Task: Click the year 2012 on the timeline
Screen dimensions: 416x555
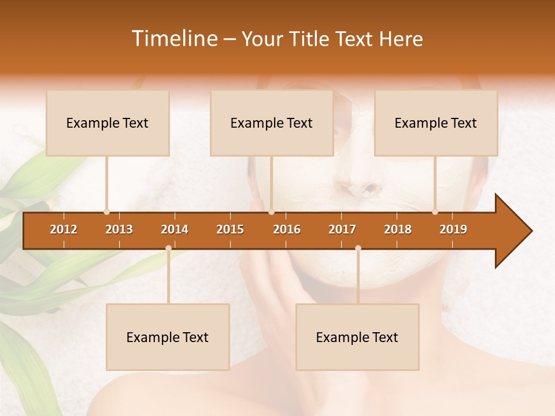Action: (64, 229)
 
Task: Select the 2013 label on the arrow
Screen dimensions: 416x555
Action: (119, 229)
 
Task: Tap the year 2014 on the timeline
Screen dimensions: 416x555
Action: (175, 229)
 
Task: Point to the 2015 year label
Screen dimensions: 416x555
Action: (230, 229)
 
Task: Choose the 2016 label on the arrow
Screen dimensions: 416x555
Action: (287, 229)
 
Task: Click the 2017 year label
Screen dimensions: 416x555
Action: (342, 229)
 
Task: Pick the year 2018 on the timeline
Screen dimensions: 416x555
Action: (398, 229)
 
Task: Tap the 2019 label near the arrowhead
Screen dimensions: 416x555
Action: (453, 229)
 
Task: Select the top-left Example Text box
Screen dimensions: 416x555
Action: (108, 123)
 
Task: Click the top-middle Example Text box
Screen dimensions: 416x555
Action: (272, 123)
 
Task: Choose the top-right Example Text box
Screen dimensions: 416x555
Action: (436, 123)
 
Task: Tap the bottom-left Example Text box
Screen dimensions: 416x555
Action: (168, 337)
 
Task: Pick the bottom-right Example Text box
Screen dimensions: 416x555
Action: (357, 337)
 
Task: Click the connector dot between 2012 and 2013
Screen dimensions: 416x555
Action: (106, 212)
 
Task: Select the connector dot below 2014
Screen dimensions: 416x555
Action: (168, 248)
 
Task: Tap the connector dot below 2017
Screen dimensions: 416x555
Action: (358, 248)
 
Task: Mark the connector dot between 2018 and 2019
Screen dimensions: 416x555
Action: (435, 212)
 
